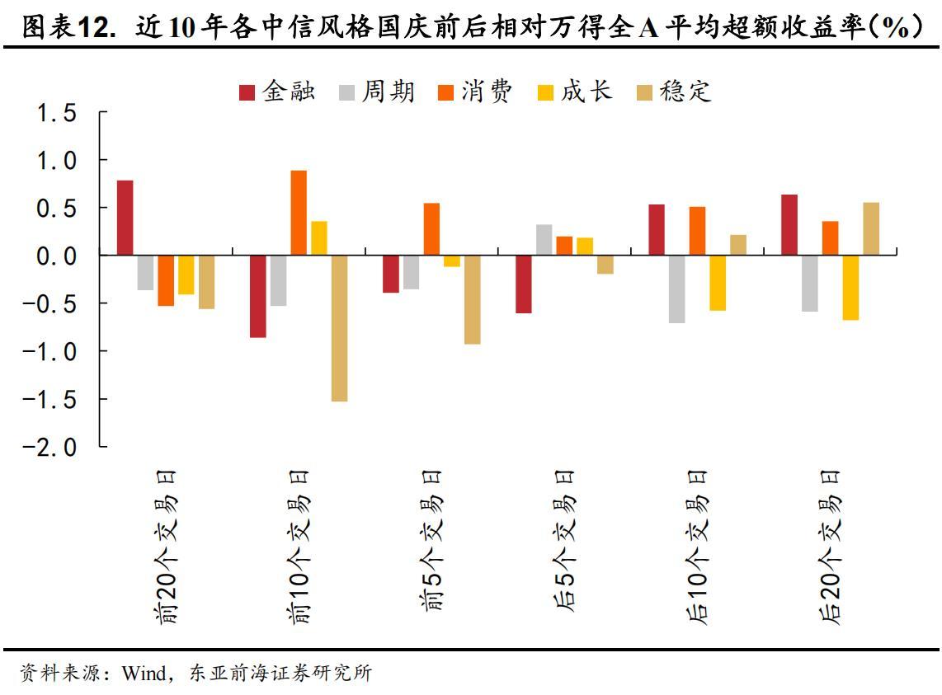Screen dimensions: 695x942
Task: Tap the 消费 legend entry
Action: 476,92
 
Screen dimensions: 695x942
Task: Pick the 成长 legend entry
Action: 575,92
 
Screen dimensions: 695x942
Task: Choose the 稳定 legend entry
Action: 674,92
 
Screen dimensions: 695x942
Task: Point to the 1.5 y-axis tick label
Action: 57,114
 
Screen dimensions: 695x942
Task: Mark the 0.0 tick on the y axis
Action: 57,256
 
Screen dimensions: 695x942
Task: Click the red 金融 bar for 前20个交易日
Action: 125,218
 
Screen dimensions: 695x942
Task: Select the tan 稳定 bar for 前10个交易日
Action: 339,328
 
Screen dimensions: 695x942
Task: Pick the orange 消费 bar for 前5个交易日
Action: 431,229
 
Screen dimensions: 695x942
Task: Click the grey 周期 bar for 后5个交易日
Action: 544,240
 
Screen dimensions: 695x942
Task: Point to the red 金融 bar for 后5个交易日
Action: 524,284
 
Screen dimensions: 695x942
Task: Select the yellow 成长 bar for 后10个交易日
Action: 718,283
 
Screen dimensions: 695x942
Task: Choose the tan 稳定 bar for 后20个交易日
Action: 871,229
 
